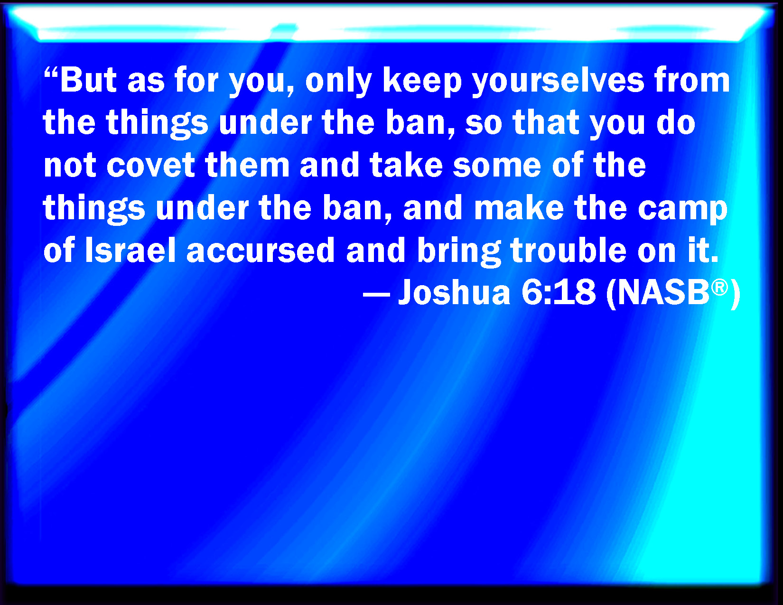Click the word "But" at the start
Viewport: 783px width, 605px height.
(x=88, y=80)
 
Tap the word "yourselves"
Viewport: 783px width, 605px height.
(x=558, y=84)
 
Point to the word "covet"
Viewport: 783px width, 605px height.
(x=150, y=166)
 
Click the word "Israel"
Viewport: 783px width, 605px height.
(x=130, y=250)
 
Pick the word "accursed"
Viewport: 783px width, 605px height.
(x=261, y=250)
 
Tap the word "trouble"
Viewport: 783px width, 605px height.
(x=569, y=250)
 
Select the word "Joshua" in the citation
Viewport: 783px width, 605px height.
(x=455, y=292)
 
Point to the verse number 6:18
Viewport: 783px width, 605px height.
(x=558, y=292)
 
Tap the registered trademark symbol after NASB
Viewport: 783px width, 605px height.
(x=719, y=288)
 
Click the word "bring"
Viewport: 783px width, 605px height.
(x=459, y=252)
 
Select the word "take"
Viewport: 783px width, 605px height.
(x=406, y=166)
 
